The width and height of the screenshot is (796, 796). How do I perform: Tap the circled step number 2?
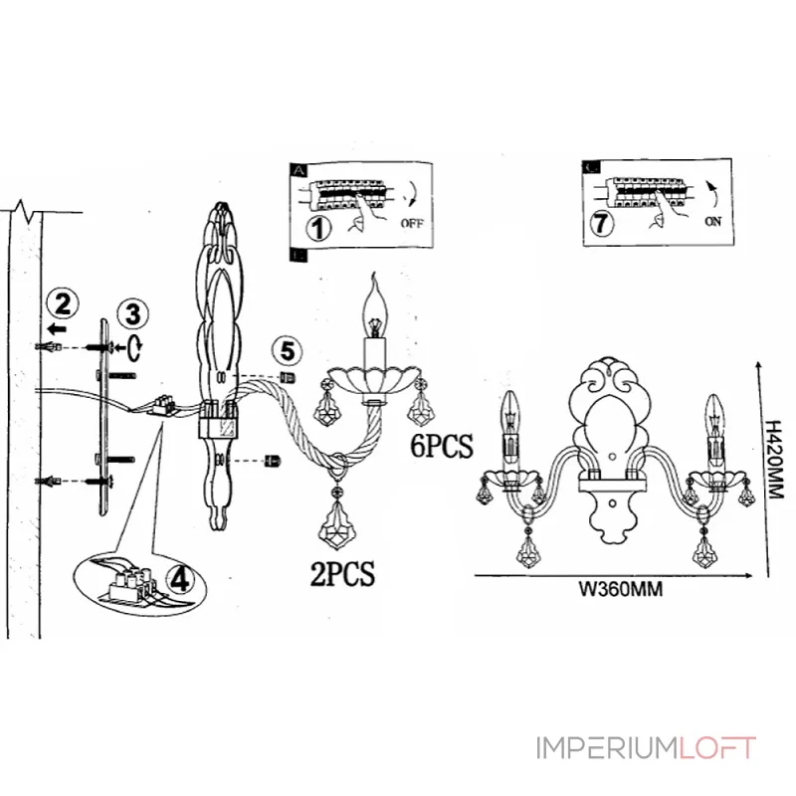64,300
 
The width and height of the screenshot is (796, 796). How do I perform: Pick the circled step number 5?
288,350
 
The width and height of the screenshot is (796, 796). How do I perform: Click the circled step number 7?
599,223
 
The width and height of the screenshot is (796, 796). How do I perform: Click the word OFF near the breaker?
411,223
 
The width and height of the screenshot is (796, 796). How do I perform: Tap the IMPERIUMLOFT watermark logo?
647,747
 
